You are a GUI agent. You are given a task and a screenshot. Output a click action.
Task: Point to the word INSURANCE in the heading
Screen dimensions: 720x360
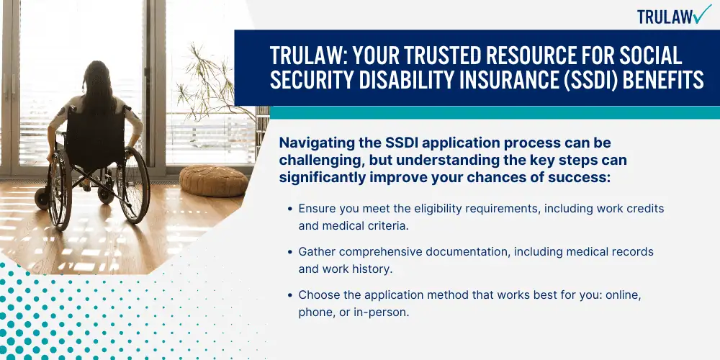point(499,81)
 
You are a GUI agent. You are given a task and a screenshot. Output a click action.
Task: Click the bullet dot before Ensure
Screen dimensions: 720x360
point(290,209)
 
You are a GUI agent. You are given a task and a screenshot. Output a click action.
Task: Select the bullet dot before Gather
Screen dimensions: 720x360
point(290,251)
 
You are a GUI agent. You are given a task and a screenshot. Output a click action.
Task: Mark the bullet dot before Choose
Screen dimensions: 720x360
point(290,294)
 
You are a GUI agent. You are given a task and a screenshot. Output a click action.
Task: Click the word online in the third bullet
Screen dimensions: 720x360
point(623,294)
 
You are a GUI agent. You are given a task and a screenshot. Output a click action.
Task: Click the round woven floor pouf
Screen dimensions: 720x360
point(214,181)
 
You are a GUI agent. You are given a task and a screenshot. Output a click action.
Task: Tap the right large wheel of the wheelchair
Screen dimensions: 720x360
point(132,185)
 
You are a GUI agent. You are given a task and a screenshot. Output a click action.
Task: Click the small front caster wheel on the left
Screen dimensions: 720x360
point(43,199)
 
